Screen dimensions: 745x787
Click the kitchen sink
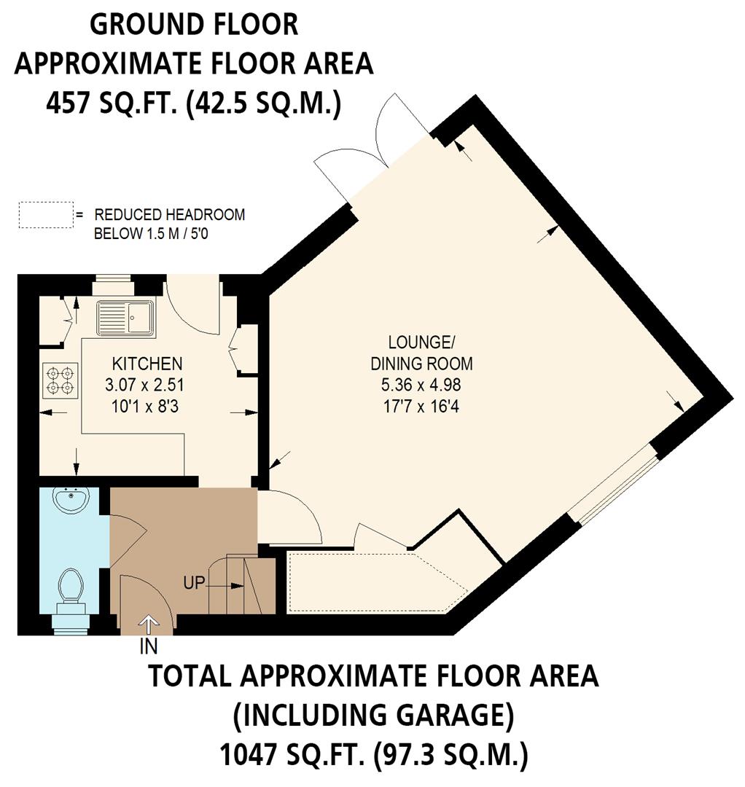coord(125,318)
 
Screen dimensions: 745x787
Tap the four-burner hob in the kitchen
coord(61,380)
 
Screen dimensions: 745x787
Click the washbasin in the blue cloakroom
coord(71,501)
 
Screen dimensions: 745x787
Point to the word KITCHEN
coord(147,364)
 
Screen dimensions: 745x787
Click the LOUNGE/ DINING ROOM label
coord(421,353)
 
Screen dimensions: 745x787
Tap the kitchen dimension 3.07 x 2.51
coord(144,385)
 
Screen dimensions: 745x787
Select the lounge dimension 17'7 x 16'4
coord(421,406)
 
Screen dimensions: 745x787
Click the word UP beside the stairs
coord(195,583)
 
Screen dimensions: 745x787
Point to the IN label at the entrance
coord(149,646)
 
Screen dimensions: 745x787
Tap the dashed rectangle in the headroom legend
coord(46,215)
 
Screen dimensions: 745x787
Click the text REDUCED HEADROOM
coord(170,215)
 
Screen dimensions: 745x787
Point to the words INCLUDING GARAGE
coord(374,716)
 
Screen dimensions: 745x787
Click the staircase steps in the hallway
coord(241,584)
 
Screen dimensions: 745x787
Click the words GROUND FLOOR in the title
coord(194,25)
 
